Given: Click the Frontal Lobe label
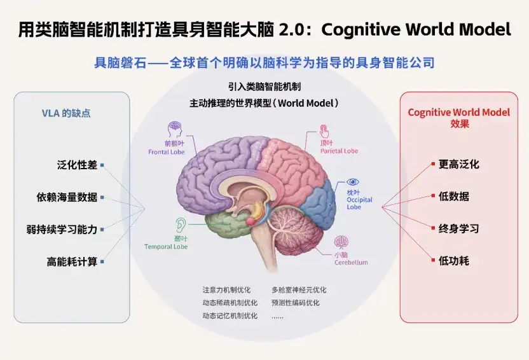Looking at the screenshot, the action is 167,152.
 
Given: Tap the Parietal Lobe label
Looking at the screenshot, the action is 339,151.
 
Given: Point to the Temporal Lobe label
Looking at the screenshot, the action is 166,247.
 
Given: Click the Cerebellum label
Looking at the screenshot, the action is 351,262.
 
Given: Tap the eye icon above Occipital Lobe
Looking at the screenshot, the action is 352,182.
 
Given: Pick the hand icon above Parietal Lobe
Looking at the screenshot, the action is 324,131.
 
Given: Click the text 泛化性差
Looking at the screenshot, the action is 77,165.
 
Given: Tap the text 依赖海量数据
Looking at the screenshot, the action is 67,197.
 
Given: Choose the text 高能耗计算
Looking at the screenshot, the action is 72,261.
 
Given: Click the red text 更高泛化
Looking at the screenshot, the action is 459,164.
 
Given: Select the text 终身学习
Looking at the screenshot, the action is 459,228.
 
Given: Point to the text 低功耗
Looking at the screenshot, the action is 454,261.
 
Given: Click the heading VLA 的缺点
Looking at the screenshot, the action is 66,113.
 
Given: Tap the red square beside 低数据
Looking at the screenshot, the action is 433,196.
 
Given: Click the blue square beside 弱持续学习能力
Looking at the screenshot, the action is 102,230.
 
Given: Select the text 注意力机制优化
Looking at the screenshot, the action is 226,290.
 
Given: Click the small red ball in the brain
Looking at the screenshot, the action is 251,221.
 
